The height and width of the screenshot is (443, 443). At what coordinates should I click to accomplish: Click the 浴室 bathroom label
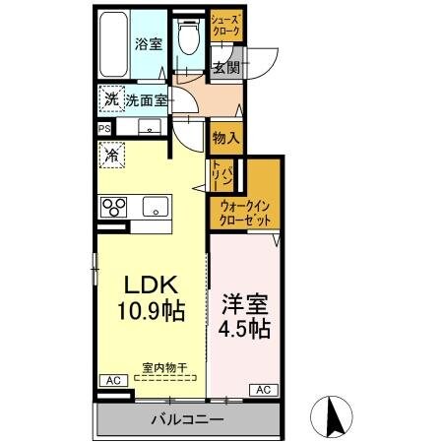coord(148,43)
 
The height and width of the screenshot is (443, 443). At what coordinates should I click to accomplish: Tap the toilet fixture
coord(189,39)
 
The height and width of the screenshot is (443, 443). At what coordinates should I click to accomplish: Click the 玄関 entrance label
coord(225,68)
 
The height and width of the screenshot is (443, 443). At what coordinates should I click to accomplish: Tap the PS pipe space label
coord(103,128)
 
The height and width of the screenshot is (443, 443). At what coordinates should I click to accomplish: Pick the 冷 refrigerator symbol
coord(112,155)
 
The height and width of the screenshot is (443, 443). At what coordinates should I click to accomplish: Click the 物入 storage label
coord(225,137)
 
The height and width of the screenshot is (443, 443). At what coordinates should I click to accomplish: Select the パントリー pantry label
coord(221,178)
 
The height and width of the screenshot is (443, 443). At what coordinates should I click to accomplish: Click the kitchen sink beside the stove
coord(155,207)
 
